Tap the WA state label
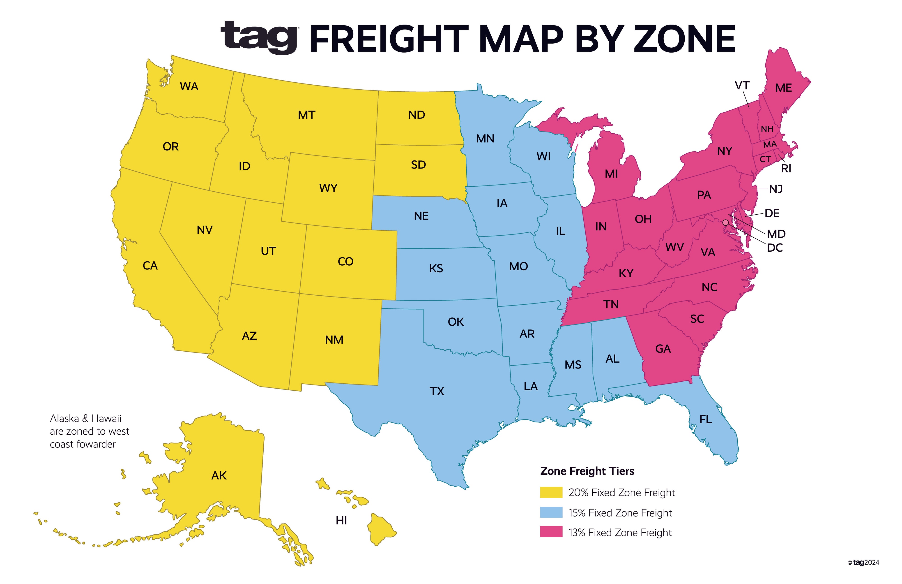pos(189,86)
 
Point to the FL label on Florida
pos(705,419)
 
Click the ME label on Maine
pos(783,88)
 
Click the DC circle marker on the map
pos(725,222)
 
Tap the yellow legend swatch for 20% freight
pos(551,492)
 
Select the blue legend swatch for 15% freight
pos(551,512)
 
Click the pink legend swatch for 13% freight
pos(551,532)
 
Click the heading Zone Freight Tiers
pos(587,471)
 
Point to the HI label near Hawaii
pos(341,521)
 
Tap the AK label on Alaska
pos(219,475)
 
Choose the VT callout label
pos(742,86)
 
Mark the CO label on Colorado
pos(345,261)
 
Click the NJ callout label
pos(776,189)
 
